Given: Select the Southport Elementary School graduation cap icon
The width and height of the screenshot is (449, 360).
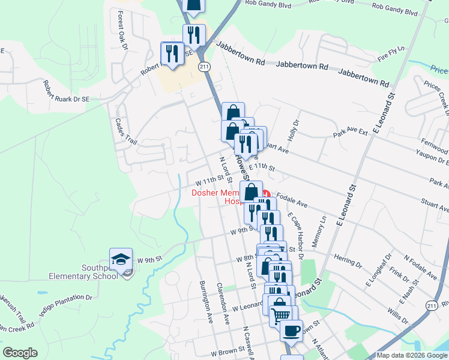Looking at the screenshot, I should tap(121, 260).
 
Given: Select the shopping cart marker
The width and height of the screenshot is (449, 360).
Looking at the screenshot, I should tap(281, 314).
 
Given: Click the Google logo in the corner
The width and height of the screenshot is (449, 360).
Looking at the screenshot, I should tap(20, 353).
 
